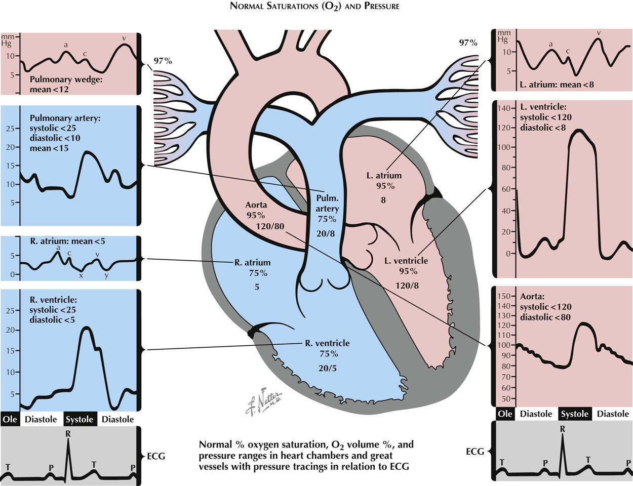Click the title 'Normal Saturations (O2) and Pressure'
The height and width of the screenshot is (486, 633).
[314, 7]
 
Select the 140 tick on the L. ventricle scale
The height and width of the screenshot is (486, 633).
[504, 109]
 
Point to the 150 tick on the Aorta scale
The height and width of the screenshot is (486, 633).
[504, 296]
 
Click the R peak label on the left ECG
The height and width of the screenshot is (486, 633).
[68, 434]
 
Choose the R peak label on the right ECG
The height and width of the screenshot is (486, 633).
[562, 429]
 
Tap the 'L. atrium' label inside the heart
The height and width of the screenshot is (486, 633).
[384, 176]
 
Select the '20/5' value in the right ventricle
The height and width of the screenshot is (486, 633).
[328, 368]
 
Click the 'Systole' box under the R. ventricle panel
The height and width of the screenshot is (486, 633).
[80, 419]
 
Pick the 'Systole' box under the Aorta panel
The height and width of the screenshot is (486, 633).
[575, 414]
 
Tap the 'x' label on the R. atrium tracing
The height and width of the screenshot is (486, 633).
[81, 276]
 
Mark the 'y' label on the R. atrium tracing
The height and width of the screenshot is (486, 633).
[106, 276]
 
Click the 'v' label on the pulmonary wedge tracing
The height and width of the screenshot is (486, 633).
[124, 38]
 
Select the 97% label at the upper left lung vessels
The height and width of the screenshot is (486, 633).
[163, 61]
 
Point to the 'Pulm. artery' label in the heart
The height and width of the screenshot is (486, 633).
[327, 203]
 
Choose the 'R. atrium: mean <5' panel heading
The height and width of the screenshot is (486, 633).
[67, 241]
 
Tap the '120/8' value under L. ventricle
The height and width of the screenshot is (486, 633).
[407, 286]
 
